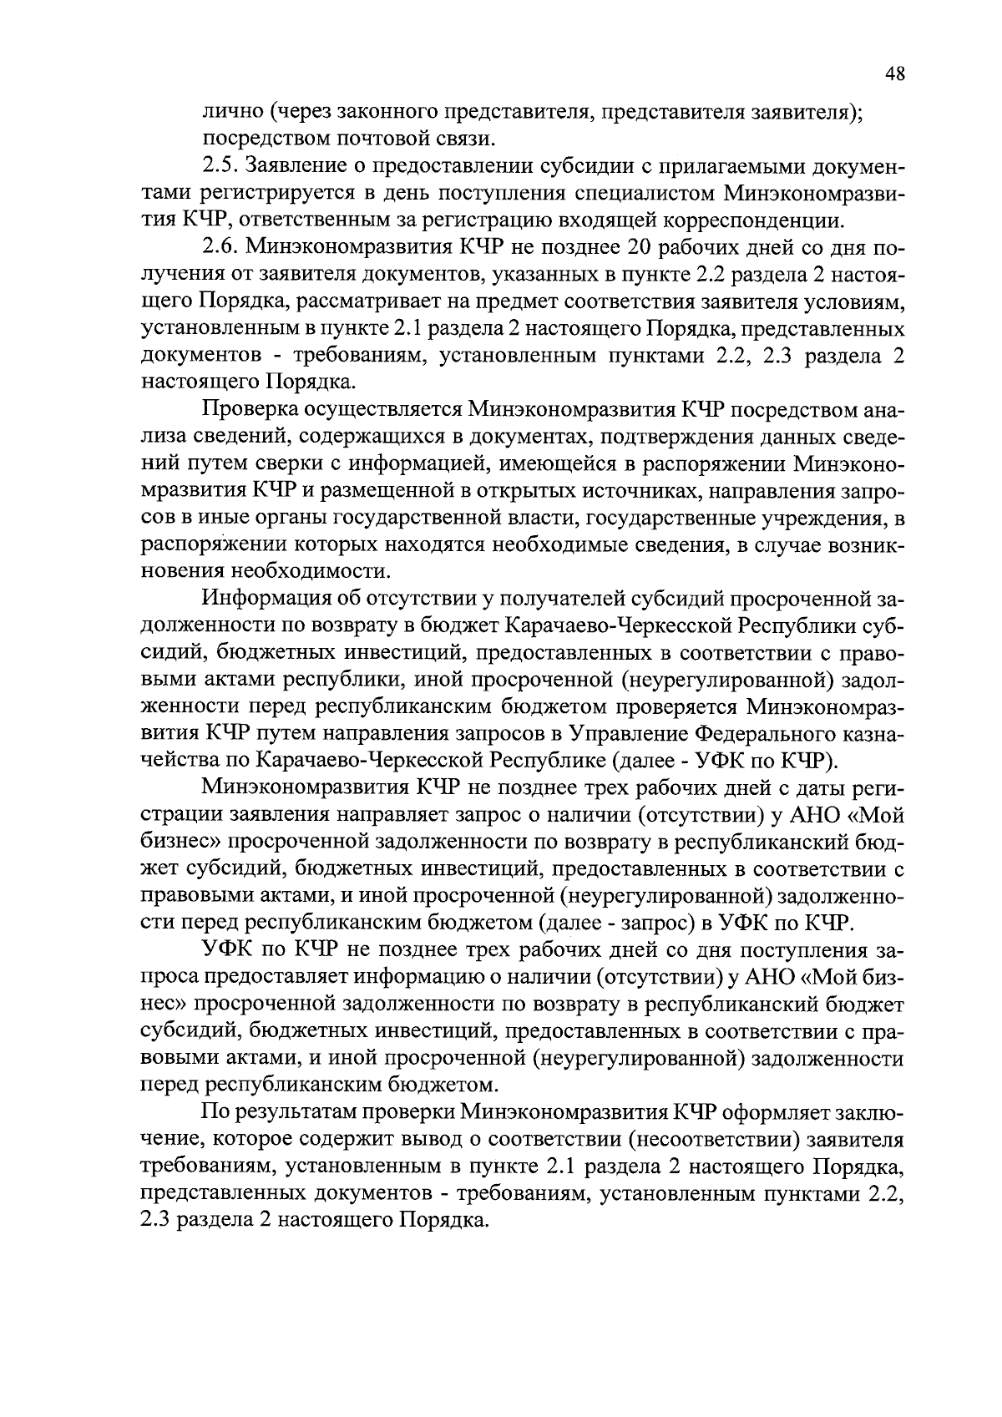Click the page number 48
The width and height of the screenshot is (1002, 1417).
point(894,74)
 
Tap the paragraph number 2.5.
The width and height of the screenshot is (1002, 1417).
point(220,167)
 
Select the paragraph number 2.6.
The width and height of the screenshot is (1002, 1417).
point(220,248)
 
